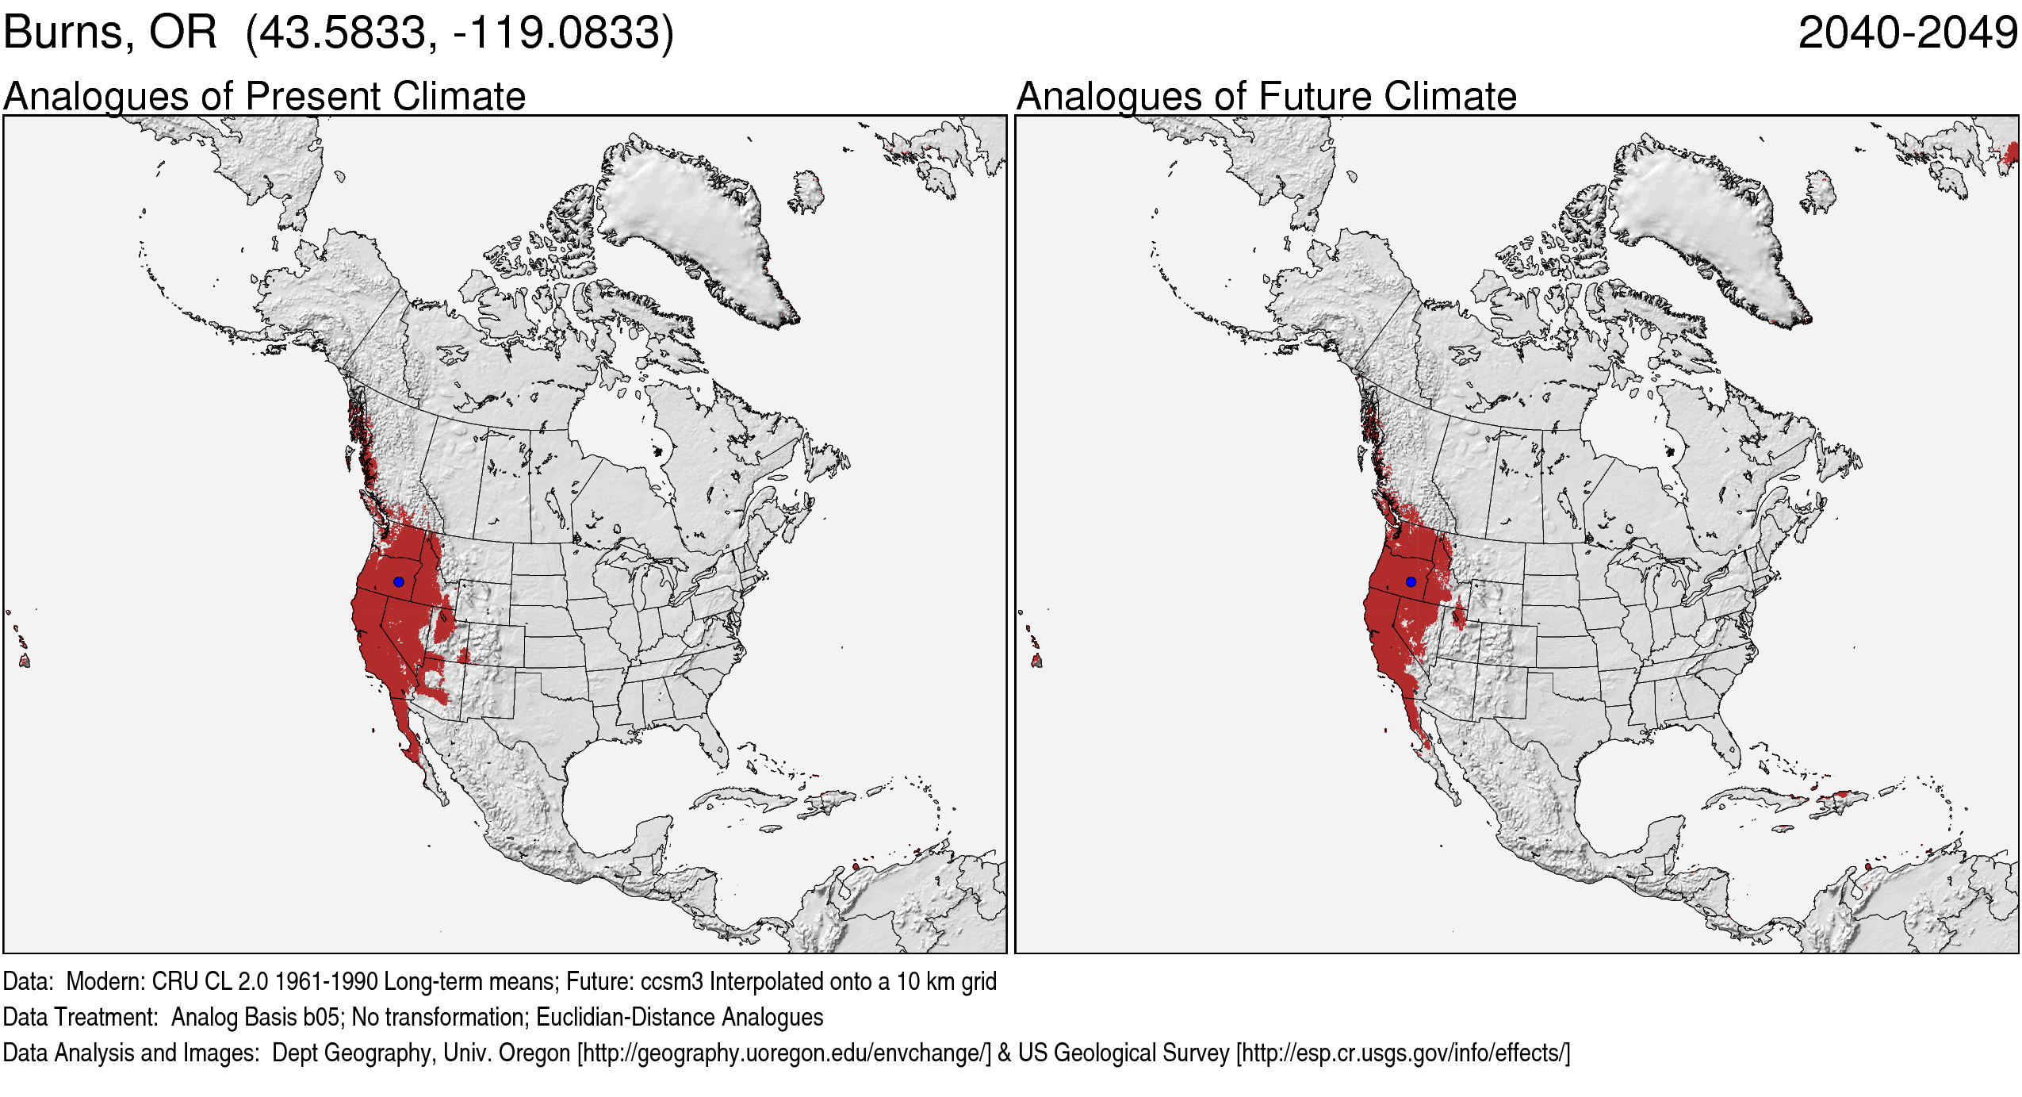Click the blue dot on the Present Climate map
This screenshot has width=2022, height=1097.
pos(399,581)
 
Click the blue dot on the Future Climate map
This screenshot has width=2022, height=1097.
pos(1411,581)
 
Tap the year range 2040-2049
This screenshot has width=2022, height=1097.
pos(1907,33)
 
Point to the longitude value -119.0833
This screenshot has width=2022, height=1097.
pos(556,33)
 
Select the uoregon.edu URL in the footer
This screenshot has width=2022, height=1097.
pos(784,1053)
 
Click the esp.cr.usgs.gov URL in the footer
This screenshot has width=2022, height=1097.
pos(1403,1053)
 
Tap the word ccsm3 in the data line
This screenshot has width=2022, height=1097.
pos(672,982)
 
